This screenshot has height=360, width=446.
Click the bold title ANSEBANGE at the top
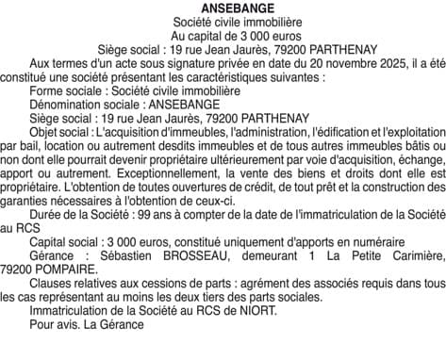click(223, 8)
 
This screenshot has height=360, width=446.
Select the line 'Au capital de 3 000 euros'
click(223, 35)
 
